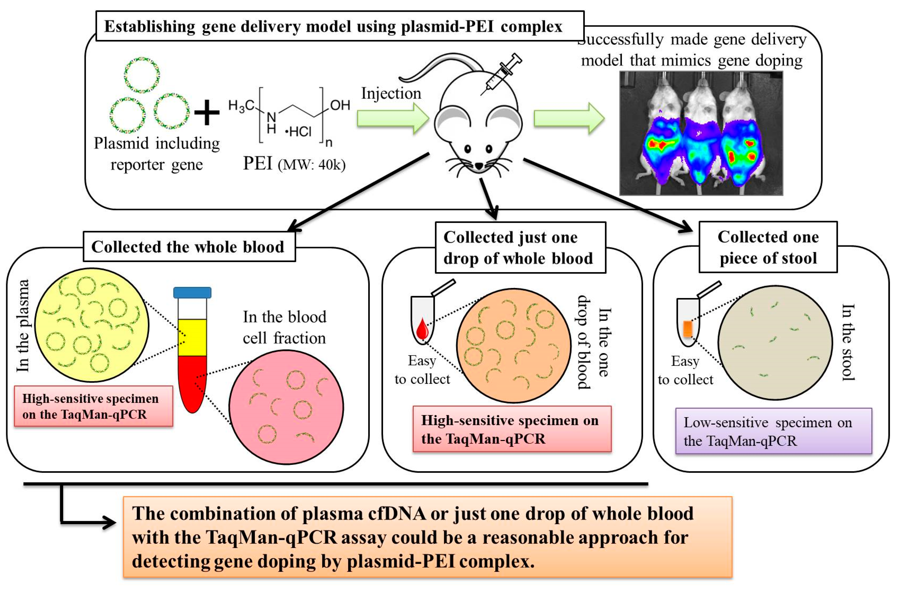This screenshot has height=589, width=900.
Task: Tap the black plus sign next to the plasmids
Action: [206, 112]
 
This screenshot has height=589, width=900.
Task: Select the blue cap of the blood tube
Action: [192, 292]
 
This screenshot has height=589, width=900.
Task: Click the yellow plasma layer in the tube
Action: [192, 337]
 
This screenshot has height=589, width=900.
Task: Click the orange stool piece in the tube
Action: [687, 328]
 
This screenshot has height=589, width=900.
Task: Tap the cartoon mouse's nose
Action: [479, 166]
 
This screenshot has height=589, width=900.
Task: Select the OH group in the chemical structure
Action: [340, 105]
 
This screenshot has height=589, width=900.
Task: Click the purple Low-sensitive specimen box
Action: [773, 431]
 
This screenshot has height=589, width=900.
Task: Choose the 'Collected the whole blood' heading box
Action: [189, 247]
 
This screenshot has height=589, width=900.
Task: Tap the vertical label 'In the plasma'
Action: [23, 325]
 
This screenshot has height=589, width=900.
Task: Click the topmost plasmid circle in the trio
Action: [142, 75]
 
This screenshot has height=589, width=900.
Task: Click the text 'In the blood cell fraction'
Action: [284, 327]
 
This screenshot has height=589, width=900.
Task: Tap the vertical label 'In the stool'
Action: [847, 342]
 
